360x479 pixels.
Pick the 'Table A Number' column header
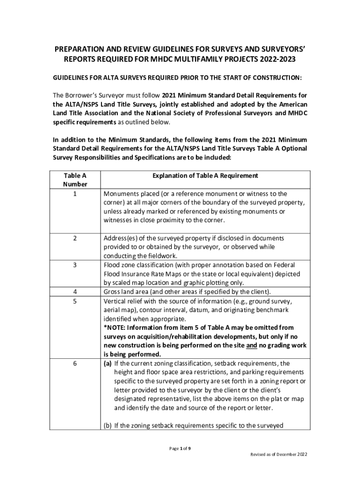(75, 180)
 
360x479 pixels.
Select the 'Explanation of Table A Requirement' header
(205, 176)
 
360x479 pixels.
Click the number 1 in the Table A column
(75, 194)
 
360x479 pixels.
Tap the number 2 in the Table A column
(75, 239)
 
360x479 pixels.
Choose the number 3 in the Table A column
(75, 265)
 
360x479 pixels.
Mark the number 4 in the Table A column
(75, 292)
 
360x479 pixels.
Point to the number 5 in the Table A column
(75, 301)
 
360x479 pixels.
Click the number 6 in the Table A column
(75, 363)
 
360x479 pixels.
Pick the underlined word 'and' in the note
(252, 345)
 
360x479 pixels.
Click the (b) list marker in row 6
(108, 425)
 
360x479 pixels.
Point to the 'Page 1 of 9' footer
(180, 449)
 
